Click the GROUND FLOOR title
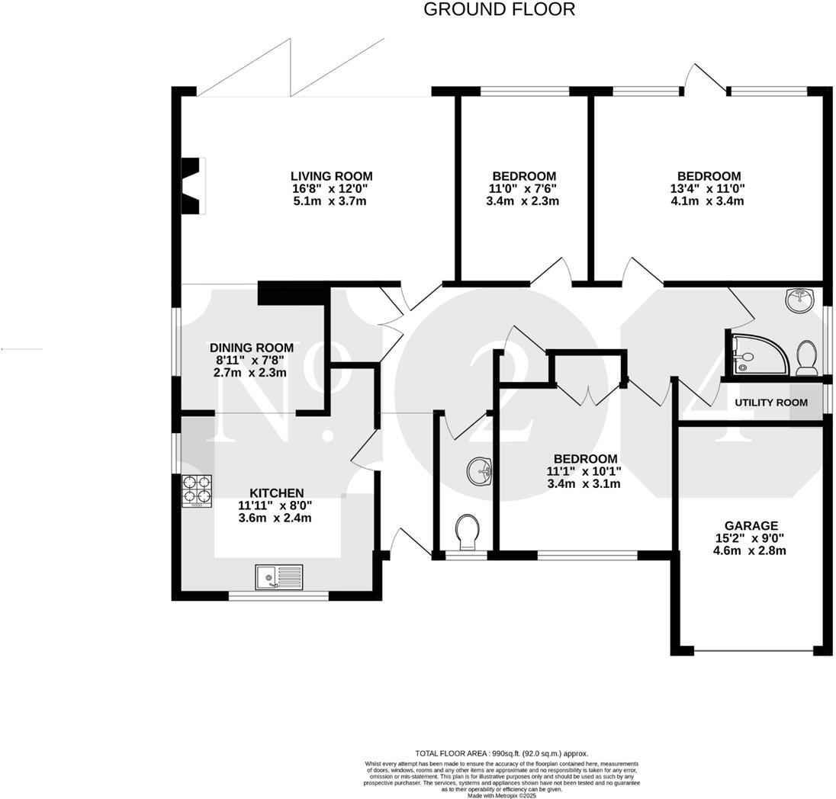click(499, 10)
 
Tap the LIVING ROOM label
click(331, 176)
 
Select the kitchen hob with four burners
click(196, 492)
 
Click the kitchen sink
click(279, 577)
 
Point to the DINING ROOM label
click(252, 348)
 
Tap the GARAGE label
click(751, 525)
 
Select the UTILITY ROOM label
click(770, 403)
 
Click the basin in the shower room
click(799, 300)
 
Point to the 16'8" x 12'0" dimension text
click(331, 188)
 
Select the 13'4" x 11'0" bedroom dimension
click(706, 188)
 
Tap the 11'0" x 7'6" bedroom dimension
click(523, 188)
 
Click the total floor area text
click(501, 753)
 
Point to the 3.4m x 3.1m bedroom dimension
click(585, 483)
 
